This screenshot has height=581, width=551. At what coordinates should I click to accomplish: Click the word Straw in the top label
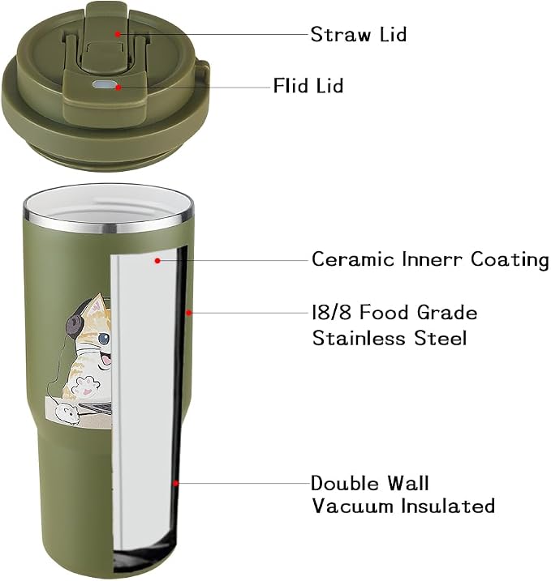pyautogui.click(x=341, y=34)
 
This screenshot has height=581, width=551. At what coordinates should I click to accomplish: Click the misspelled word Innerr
pyautogui.click(x=433, y=259)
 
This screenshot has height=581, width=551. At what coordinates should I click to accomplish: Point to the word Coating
pyautogui.click(x=510, y=260)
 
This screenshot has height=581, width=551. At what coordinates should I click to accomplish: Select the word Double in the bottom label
pyautogui.click(x=345, y=483)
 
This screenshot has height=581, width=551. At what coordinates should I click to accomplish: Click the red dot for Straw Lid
pyautogui.click(x=117, y=34)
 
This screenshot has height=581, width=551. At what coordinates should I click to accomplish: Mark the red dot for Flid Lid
pyautogui.click(x=118, y=88)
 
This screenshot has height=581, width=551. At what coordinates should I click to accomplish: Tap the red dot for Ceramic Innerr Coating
pyautogui.click(x=157, y=261)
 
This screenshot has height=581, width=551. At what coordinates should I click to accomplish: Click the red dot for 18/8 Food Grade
pyautogui.click(x=188, y=313)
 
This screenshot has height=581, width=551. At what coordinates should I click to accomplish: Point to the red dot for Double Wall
pyautogui.click(x=175, y=483)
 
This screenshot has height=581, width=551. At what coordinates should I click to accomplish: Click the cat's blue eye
pyautogui.click(x=104, y=338)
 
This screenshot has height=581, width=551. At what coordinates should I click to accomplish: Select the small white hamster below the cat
pyautogui.click(x=66, y=412)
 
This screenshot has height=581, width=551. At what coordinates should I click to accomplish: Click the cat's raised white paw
pyautogui.click(x=84, y=386)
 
